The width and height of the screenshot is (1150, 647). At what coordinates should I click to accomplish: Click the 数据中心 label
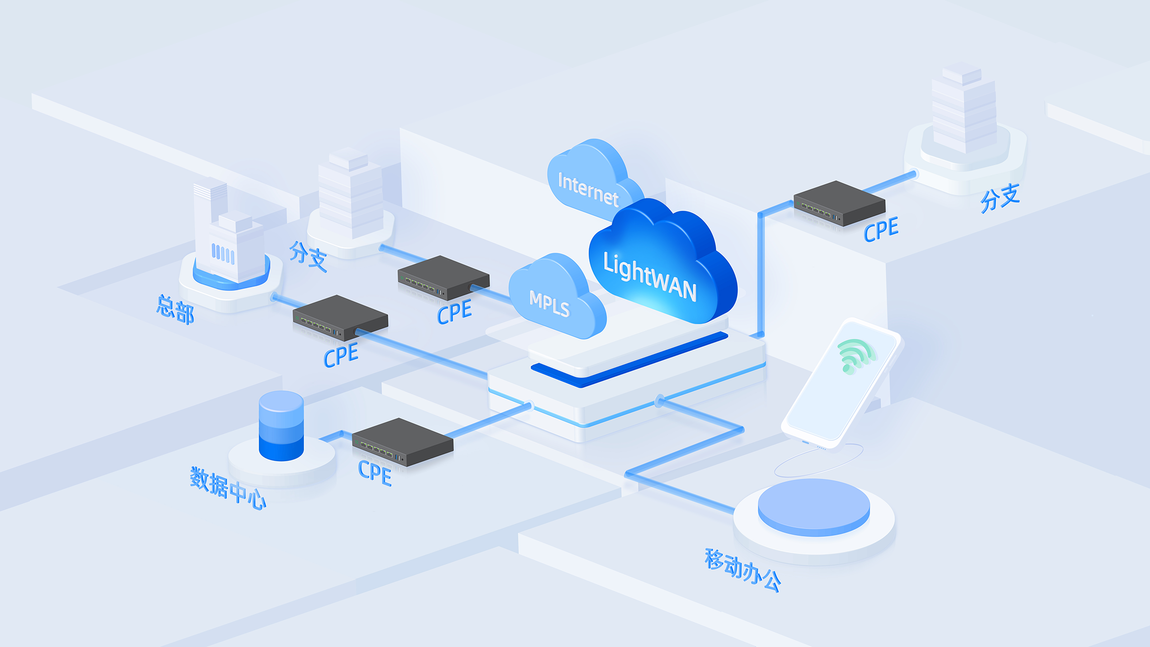point(228,489)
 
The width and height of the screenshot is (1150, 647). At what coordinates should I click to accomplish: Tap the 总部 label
point(175,309)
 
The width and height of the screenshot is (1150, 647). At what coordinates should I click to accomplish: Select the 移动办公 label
point(743,570)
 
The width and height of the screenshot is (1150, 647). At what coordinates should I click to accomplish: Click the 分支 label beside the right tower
point(1000,198)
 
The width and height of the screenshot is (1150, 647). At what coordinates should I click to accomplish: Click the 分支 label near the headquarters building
point(308,256)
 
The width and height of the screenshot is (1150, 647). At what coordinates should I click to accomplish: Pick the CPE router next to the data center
point(402,442)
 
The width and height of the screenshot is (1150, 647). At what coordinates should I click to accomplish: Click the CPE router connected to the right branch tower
point(839,203)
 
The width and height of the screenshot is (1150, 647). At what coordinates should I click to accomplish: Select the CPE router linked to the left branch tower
point(443,277)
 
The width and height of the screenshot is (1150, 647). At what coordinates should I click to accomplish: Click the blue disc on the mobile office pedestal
point(814,507)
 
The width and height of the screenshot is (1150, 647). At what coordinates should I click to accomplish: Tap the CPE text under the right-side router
point(881,230)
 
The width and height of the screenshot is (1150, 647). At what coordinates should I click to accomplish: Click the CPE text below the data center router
point(375,473)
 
